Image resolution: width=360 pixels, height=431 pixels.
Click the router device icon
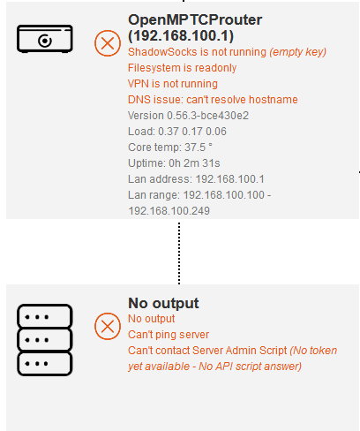[45, 39]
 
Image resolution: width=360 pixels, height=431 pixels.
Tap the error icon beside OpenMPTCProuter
[108, 43]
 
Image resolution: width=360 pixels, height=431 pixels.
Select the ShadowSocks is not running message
[227, 52]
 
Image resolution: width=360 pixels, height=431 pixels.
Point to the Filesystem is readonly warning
[182, 68]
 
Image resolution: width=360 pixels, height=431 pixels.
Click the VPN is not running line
[173, 84]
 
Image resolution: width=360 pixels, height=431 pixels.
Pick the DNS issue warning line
[213, 100]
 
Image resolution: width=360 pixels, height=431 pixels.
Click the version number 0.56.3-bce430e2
[207, 116]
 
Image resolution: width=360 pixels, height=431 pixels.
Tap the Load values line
[177, 132]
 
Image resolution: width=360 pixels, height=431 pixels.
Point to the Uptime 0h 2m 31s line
[174, 163]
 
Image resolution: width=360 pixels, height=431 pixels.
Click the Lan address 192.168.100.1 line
[196, 179]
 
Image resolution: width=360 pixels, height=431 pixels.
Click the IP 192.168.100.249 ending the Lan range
[169, 211]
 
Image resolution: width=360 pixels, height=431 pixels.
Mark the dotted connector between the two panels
[179, 253]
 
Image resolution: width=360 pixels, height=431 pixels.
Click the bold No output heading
[163, 303]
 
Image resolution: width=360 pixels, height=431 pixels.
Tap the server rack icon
[45, 340]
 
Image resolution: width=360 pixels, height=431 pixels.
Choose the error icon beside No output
[108, 326]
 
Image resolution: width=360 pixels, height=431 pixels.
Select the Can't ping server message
[169, 335]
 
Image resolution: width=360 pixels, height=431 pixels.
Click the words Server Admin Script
[239, 351]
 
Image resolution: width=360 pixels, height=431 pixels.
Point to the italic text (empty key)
[297, 52]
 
